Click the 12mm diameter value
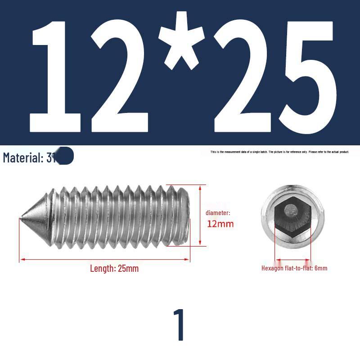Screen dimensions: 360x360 pos(220,224)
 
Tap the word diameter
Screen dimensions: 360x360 pos(218,212)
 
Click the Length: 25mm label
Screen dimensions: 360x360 pos(114,269)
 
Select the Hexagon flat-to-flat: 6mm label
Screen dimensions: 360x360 pos(294,268)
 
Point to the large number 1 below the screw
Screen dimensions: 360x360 pos(180,325)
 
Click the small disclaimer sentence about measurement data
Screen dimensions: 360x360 pos(279,152)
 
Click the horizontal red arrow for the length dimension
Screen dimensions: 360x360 pos(104,259)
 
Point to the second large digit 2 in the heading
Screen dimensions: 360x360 pos(243,76)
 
